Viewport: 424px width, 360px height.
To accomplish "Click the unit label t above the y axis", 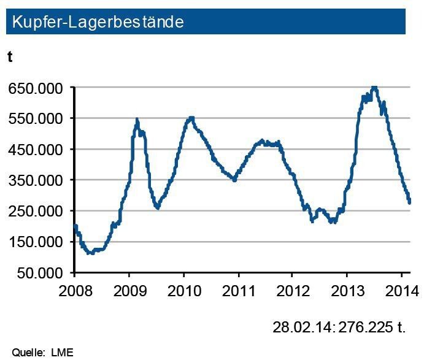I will click(10, 57).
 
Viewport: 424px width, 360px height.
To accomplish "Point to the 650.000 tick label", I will click(36, 88).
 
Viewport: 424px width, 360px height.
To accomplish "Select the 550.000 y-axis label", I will click(36, 118).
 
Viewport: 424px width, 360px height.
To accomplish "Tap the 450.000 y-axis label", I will click(36, 150).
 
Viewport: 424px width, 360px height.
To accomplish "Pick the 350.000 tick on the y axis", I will click(36, 180).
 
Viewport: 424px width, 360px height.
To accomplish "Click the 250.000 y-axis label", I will click(36, 211).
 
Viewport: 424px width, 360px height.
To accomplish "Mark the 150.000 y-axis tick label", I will click(36, 242).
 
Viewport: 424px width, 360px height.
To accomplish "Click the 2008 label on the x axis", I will click(75, 289).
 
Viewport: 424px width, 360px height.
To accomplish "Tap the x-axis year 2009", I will click(129, 289).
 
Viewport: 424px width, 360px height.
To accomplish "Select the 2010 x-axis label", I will click(184, 289).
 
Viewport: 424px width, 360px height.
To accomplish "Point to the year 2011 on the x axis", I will click(238, 289).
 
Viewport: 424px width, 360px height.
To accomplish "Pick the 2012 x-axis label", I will click(292, 289).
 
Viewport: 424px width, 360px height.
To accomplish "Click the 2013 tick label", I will click(347, 289).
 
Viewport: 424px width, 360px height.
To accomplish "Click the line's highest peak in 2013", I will click(374, 88).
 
